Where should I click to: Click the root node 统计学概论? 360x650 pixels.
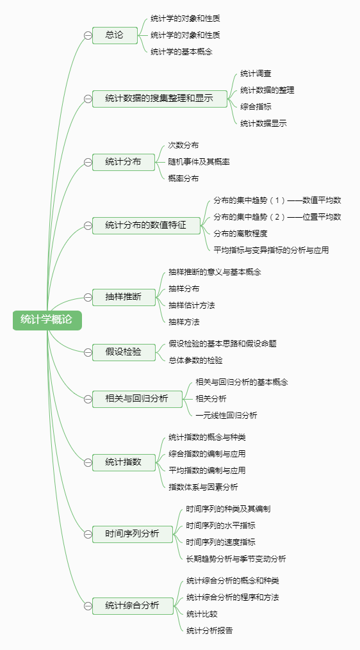tap(47, 320)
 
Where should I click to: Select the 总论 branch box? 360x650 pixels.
tap(115, 35)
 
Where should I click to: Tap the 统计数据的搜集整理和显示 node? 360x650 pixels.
tap(160, 99)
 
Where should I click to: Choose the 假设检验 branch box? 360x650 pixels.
tap(124, 352)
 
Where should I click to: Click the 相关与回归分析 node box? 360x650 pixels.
tap(137, 399)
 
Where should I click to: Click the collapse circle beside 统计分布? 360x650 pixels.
tap(88, 162)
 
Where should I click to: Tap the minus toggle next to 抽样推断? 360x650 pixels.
tap(88, 297)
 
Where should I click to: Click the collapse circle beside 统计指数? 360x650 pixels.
tap(88, 462)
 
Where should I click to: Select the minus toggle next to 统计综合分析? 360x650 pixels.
tap(88, 606)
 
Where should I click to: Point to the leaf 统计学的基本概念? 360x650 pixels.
tap(182, 52)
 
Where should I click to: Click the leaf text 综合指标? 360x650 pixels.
tap(256, 106)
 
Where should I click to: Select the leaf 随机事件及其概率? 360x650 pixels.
tap(199, 161)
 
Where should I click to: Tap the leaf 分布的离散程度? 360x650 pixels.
tap(241, 233)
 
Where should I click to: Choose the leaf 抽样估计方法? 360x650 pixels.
tap(192, 305)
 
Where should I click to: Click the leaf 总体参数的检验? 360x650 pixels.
tap(195, 361)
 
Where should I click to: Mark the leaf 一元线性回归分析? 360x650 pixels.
tap(227, 416)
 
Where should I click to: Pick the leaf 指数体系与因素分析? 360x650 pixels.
tap(203, 487)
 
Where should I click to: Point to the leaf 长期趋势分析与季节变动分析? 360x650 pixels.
tap(236, 559)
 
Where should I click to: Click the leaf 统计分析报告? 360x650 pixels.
tap(209, 631)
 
